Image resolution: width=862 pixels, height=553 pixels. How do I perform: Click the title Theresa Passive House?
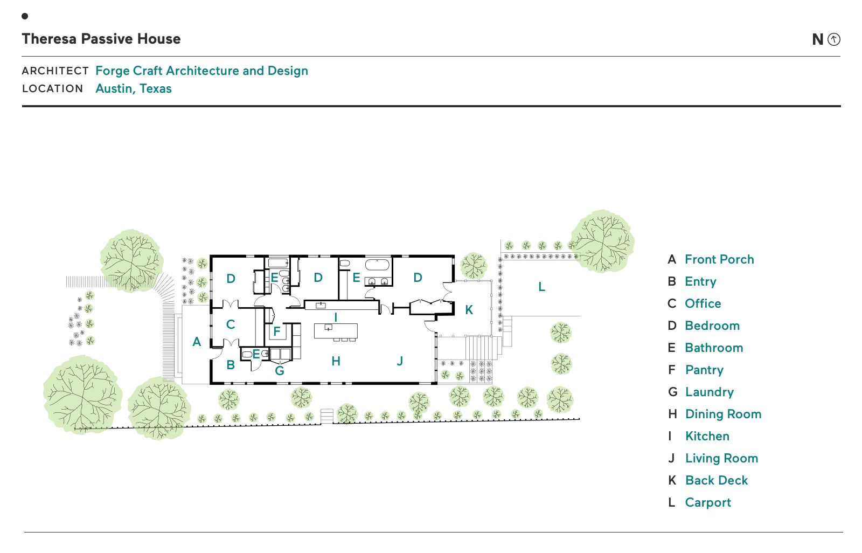click(101, 39)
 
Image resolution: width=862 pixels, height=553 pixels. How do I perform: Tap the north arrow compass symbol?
click(833, 39)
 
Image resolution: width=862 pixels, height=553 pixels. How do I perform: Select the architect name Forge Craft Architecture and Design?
click(201, 71)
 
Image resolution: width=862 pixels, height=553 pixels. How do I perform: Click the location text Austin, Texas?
click(134, 88)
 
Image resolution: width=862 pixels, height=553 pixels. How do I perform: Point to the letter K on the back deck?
click(469, 310)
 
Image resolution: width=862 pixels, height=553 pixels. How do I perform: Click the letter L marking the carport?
click(541, 287)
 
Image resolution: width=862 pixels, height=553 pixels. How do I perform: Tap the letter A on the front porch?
click(197, 342)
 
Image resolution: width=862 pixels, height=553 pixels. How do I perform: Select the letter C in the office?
click(231, 324)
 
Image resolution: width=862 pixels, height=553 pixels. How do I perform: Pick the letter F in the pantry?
click(276, 331)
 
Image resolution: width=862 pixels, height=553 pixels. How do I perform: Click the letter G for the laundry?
click(279, 371)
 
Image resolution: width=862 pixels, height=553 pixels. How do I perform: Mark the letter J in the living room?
click(400, 361)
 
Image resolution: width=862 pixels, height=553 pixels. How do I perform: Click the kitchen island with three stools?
click(336, 330)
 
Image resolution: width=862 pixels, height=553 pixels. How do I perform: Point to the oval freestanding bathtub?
click(377, 265)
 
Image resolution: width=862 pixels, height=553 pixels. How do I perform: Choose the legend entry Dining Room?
click(723, 414)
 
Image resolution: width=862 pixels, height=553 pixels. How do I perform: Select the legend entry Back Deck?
click(716, 480)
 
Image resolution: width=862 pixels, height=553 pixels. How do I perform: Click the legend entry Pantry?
click(704, 370)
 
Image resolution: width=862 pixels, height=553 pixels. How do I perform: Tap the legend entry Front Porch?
click(719, 259)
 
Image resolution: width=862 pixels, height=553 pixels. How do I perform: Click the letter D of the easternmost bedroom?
click(418, 278)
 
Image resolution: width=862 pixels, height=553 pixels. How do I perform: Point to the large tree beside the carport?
click(602, 241)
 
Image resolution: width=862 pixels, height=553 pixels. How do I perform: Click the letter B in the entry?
click(231, 365)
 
